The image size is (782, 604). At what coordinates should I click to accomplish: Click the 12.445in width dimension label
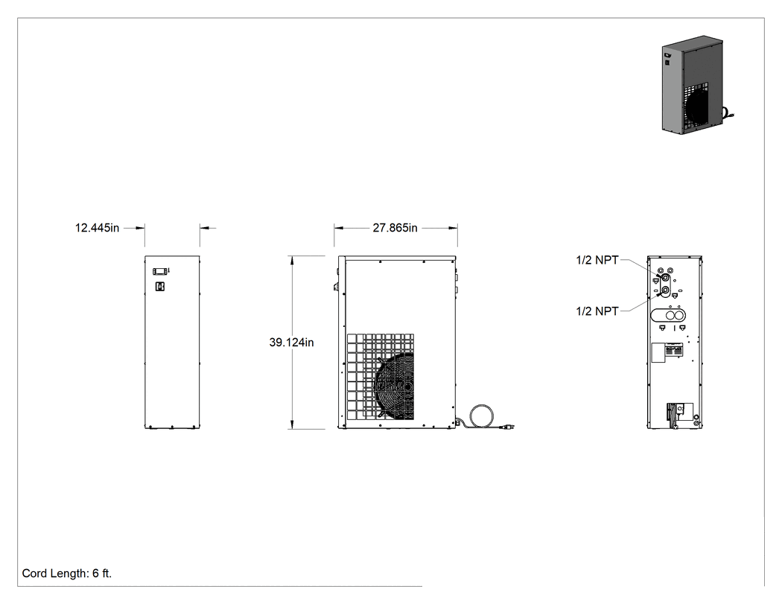(98, 228)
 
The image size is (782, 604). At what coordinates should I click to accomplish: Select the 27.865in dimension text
(395, 228)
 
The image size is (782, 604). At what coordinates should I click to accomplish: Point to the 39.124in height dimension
(292, 343)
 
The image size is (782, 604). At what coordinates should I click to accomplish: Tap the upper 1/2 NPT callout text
(597, 260)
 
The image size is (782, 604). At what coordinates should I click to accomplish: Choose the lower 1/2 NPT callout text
(597, 311)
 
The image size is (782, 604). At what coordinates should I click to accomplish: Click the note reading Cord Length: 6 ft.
(67, 573)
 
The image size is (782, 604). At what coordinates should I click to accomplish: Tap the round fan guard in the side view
(394, 387)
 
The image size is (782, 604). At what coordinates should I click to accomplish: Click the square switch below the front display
(160, 286)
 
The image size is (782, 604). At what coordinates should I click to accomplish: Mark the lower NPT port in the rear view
(665, 290)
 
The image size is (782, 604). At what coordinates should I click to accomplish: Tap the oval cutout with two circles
(668, 315)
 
